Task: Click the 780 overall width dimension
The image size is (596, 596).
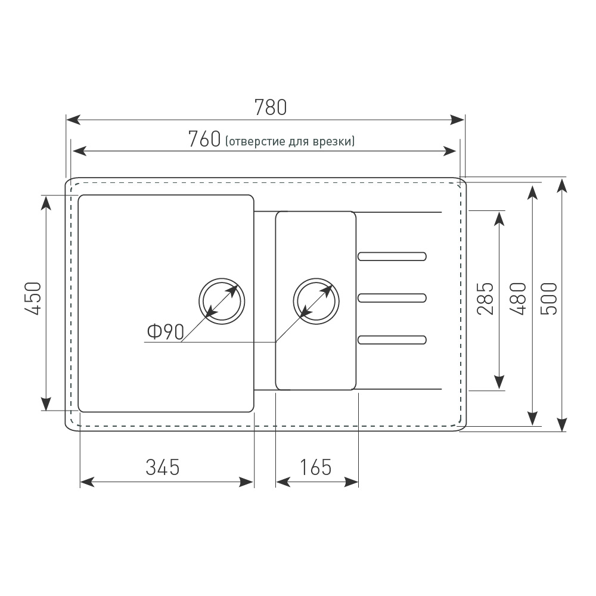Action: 270,107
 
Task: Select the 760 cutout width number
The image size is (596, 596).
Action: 204,139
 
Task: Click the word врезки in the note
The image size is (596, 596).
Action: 332,141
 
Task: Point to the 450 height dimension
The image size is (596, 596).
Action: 33,299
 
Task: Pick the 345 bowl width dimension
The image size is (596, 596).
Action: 163,467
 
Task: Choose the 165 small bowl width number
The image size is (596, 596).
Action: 316,467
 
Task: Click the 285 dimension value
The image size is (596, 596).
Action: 485,299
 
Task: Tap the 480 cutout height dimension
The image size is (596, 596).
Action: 518,299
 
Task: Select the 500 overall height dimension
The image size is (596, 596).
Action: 549,299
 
